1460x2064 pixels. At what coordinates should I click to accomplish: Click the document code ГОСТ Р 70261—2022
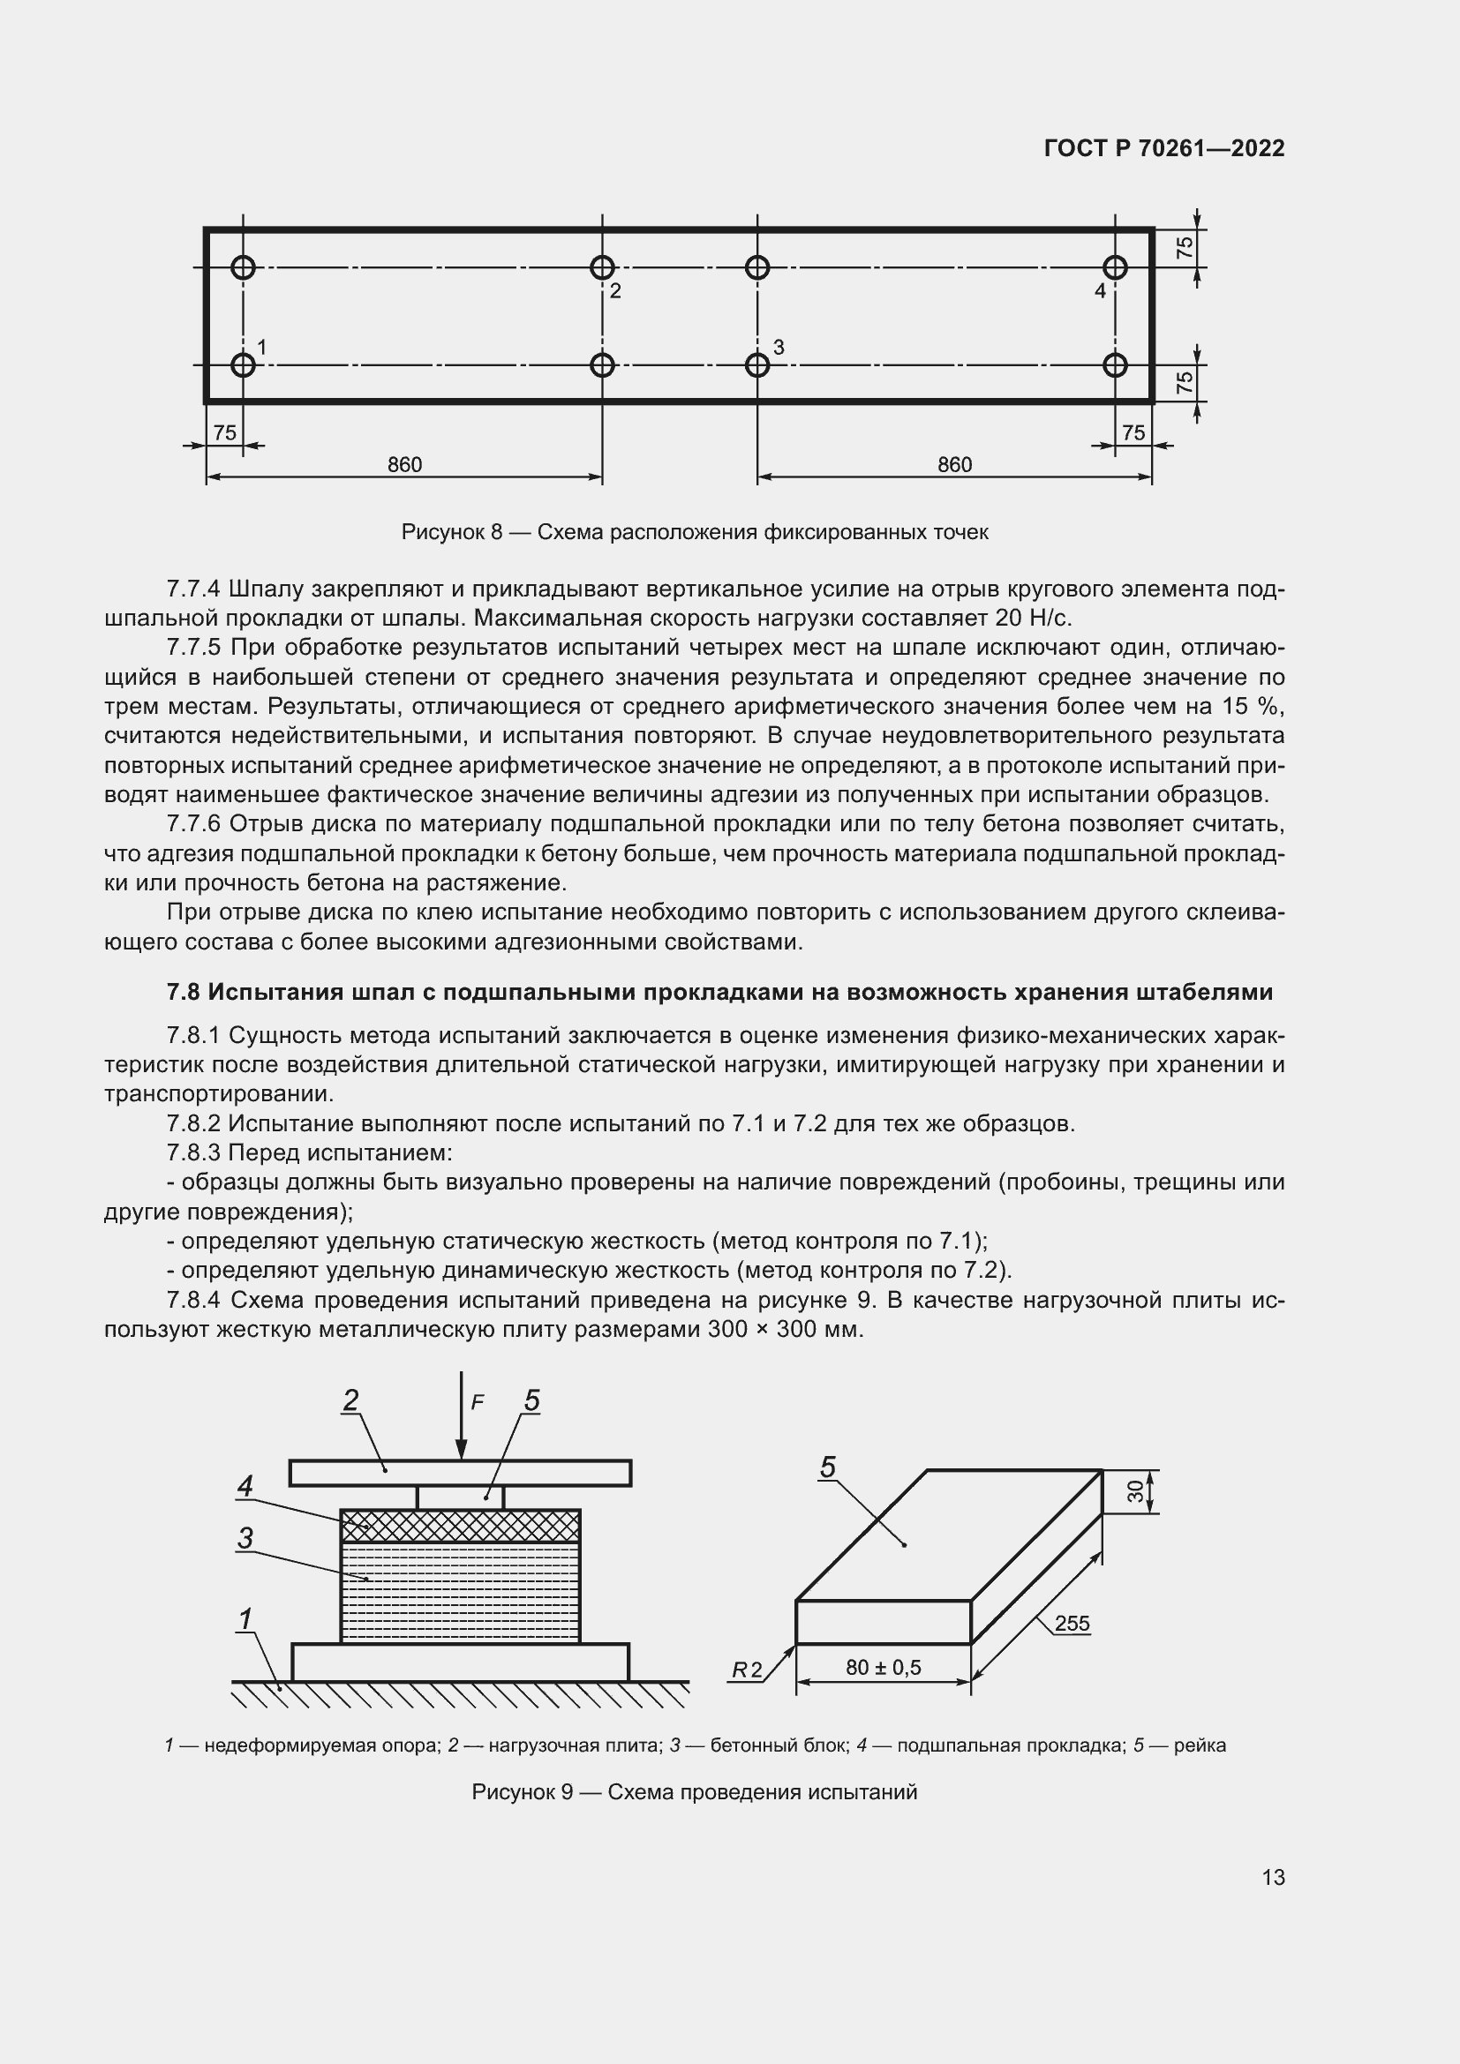click(1164, 148)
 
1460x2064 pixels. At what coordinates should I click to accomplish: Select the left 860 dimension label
click(404, 465)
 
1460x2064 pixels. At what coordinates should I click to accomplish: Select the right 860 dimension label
click(954, 465)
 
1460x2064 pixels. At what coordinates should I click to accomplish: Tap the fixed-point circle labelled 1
click(243, 365)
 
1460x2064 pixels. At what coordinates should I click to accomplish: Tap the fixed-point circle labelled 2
click(601, 267)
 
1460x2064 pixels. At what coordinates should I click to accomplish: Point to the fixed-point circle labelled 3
click(757, 365)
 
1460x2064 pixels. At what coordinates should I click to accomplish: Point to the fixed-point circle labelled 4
click(1115, 267)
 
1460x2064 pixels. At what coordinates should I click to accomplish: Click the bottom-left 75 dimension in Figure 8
click(225, 433)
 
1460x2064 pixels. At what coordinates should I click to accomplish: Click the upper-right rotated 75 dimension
click(1185, 247)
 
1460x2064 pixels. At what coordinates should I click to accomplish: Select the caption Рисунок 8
click(694, 532)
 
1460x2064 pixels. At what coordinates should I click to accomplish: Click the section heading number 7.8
click(184, 992)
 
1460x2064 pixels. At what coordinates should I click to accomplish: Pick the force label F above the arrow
click(478, 1401)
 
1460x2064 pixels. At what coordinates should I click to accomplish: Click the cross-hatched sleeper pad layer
click(460, 1526)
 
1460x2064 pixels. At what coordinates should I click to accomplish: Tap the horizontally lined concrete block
click(460, 1591)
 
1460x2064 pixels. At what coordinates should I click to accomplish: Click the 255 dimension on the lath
click(1072, 1624)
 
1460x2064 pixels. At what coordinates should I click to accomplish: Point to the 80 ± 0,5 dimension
click(883, 1668)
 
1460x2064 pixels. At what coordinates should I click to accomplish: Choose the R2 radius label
click(746, 1670)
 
